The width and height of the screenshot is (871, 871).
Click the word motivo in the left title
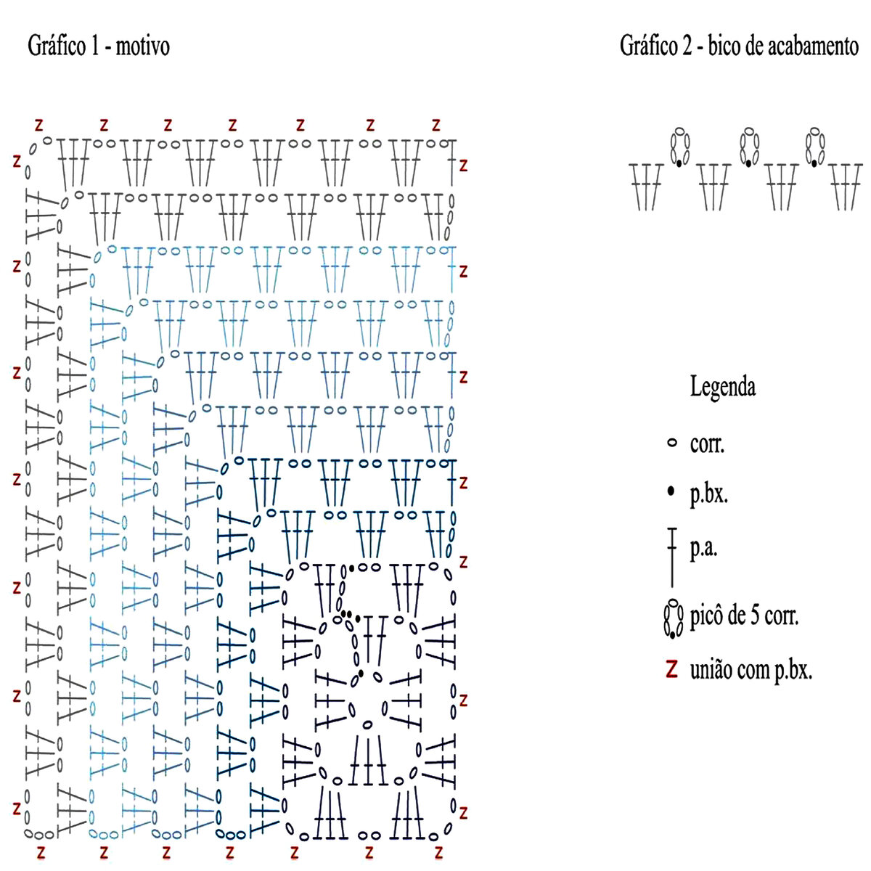(x=142, y=47)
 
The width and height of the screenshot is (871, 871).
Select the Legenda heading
(x=722, y=387)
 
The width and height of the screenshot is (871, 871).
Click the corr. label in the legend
(x=707, y=443)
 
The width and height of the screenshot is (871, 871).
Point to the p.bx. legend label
(x=708, y=494)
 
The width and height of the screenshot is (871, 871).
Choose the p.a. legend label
(x=703, y=549)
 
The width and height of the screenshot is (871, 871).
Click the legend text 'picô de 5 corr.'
(x=744, y=618)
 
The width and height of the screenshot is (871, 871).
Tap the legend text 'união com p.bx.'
(x=751, y=670)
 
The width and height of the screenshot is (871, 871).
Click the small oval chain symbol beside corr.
(x=671, y=442)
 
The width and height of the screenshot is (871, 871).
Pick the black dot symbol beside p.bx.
(x=671, y=493)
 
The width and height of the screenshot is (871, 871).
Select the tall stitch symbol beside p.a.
(x=672, y=556)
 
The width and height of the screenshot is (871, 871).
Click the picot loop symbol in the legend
(x=674, y=618)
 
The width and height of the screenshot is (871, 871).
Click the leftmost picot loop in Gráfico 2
(x=679, y=147)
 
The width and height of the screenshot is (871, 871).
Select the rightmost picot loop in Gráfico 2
(x=814, y=147)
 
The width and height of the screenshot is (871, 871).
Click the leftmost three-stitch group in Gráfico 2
(x=646, y=187)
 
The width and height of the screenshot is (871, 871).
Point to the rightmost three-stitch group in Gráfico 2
(x=847, y=187)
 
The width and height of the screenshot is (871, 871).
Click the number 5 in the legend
(x=751, y=618)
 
